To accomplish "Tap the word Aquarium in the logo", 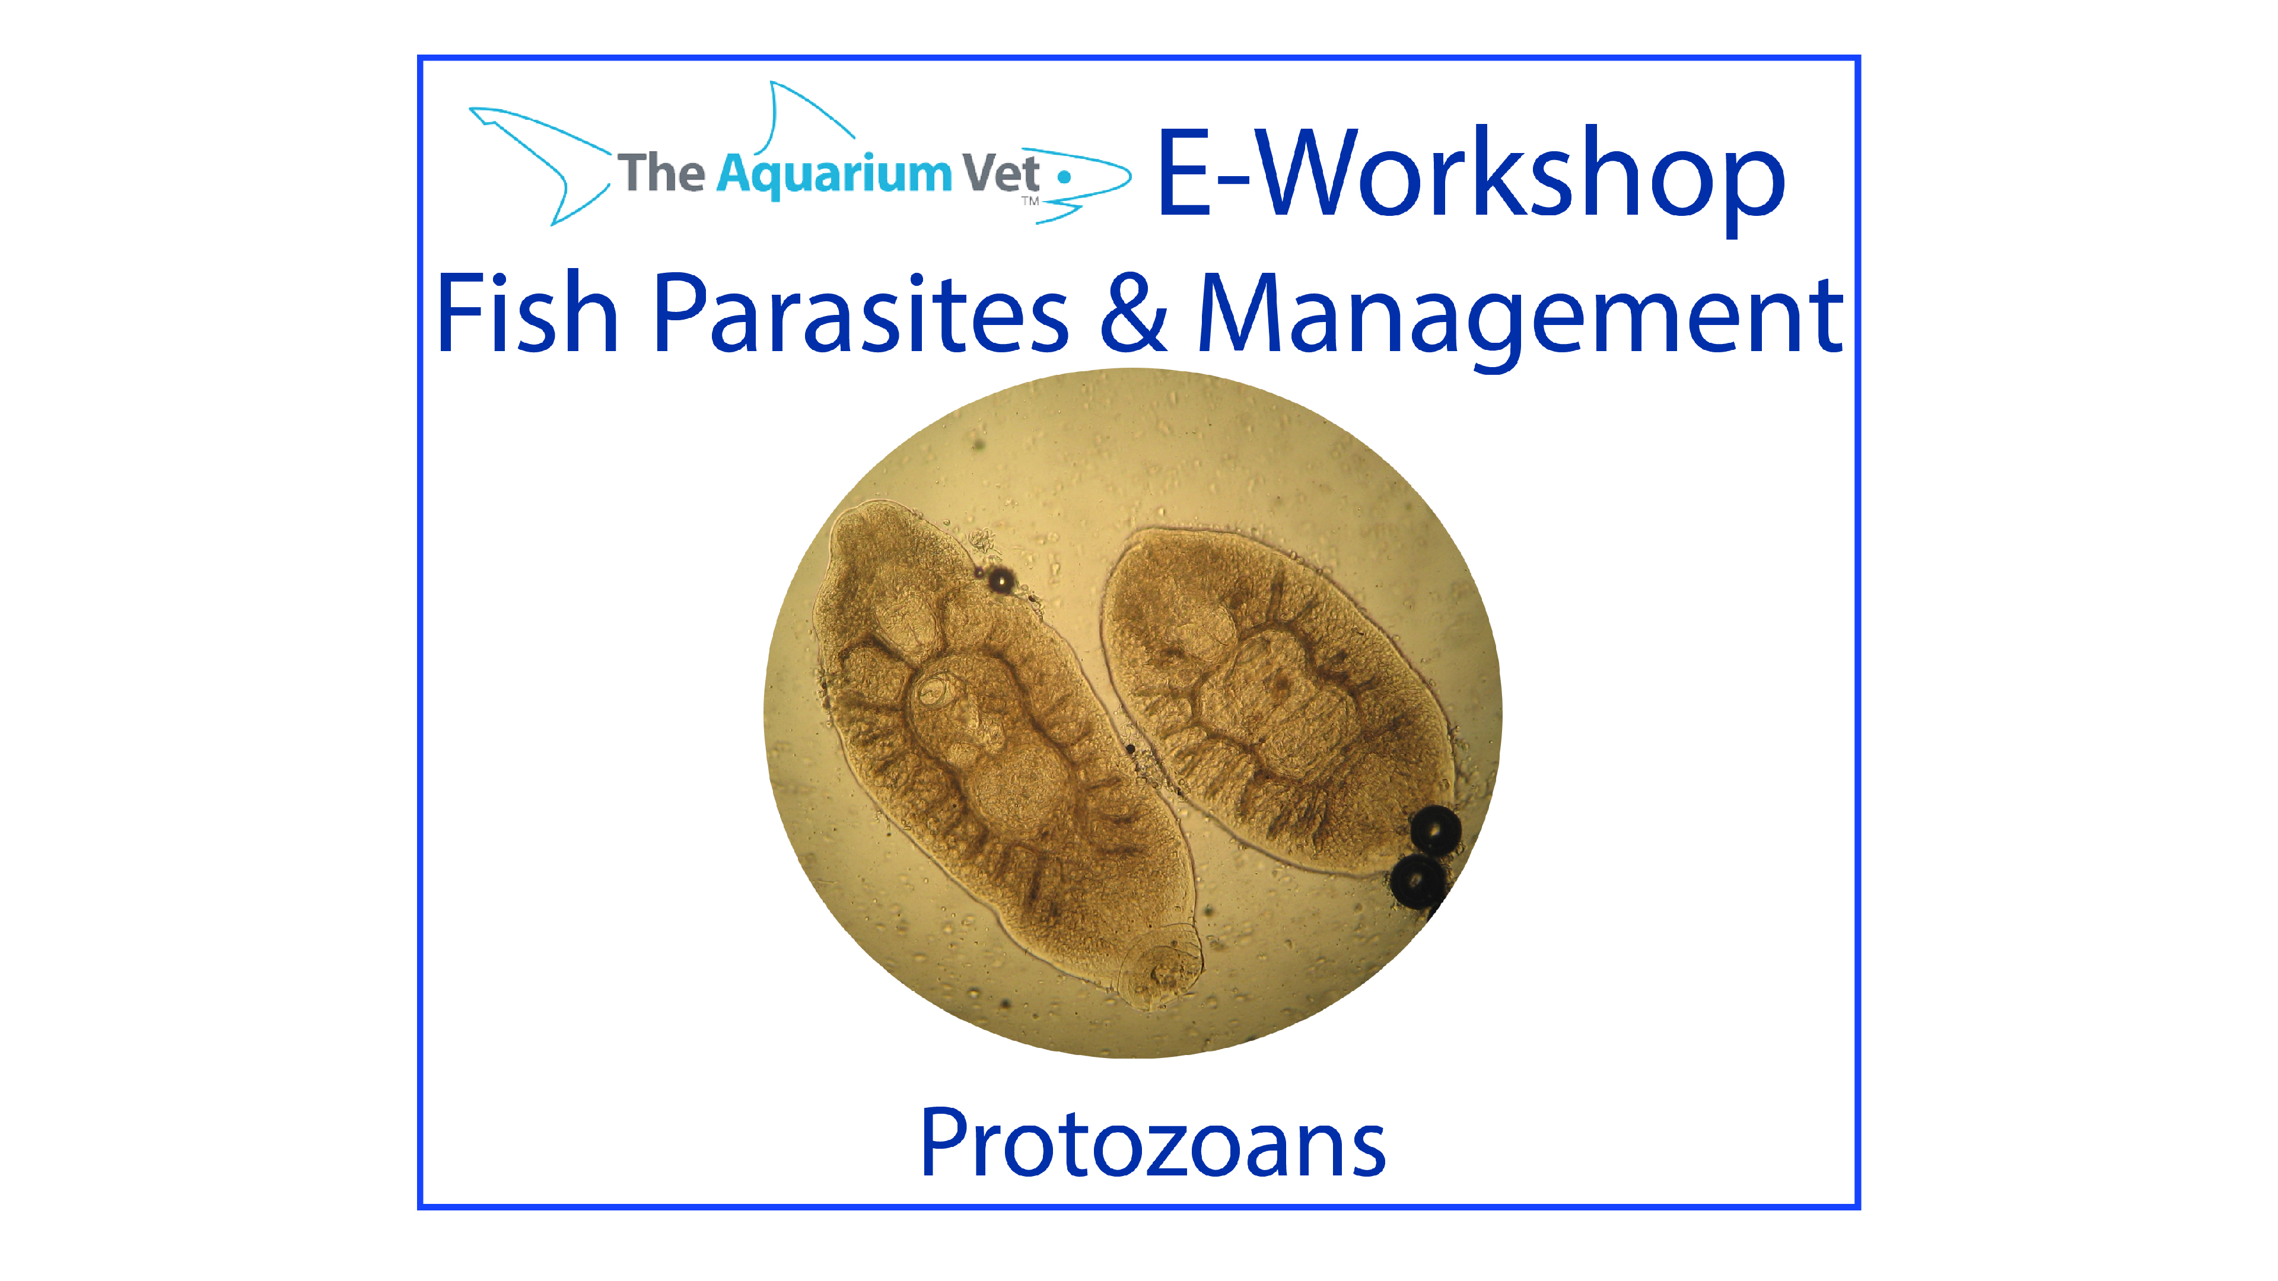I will click(x=834, y=174).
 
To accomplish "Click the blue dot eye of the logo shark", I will click(x=1065, y=177).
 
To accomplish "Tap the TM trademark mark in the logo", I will click(x=1030, y=202).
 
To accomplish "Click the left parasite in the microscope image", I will click(x=991, y=743).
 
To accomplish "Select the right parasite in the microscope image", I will click(x=1274, y=699).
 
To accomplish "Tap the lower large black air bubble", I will click(x=1418, y=880).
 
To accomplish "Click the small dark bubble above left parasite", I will click(x=1000, y=580).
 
